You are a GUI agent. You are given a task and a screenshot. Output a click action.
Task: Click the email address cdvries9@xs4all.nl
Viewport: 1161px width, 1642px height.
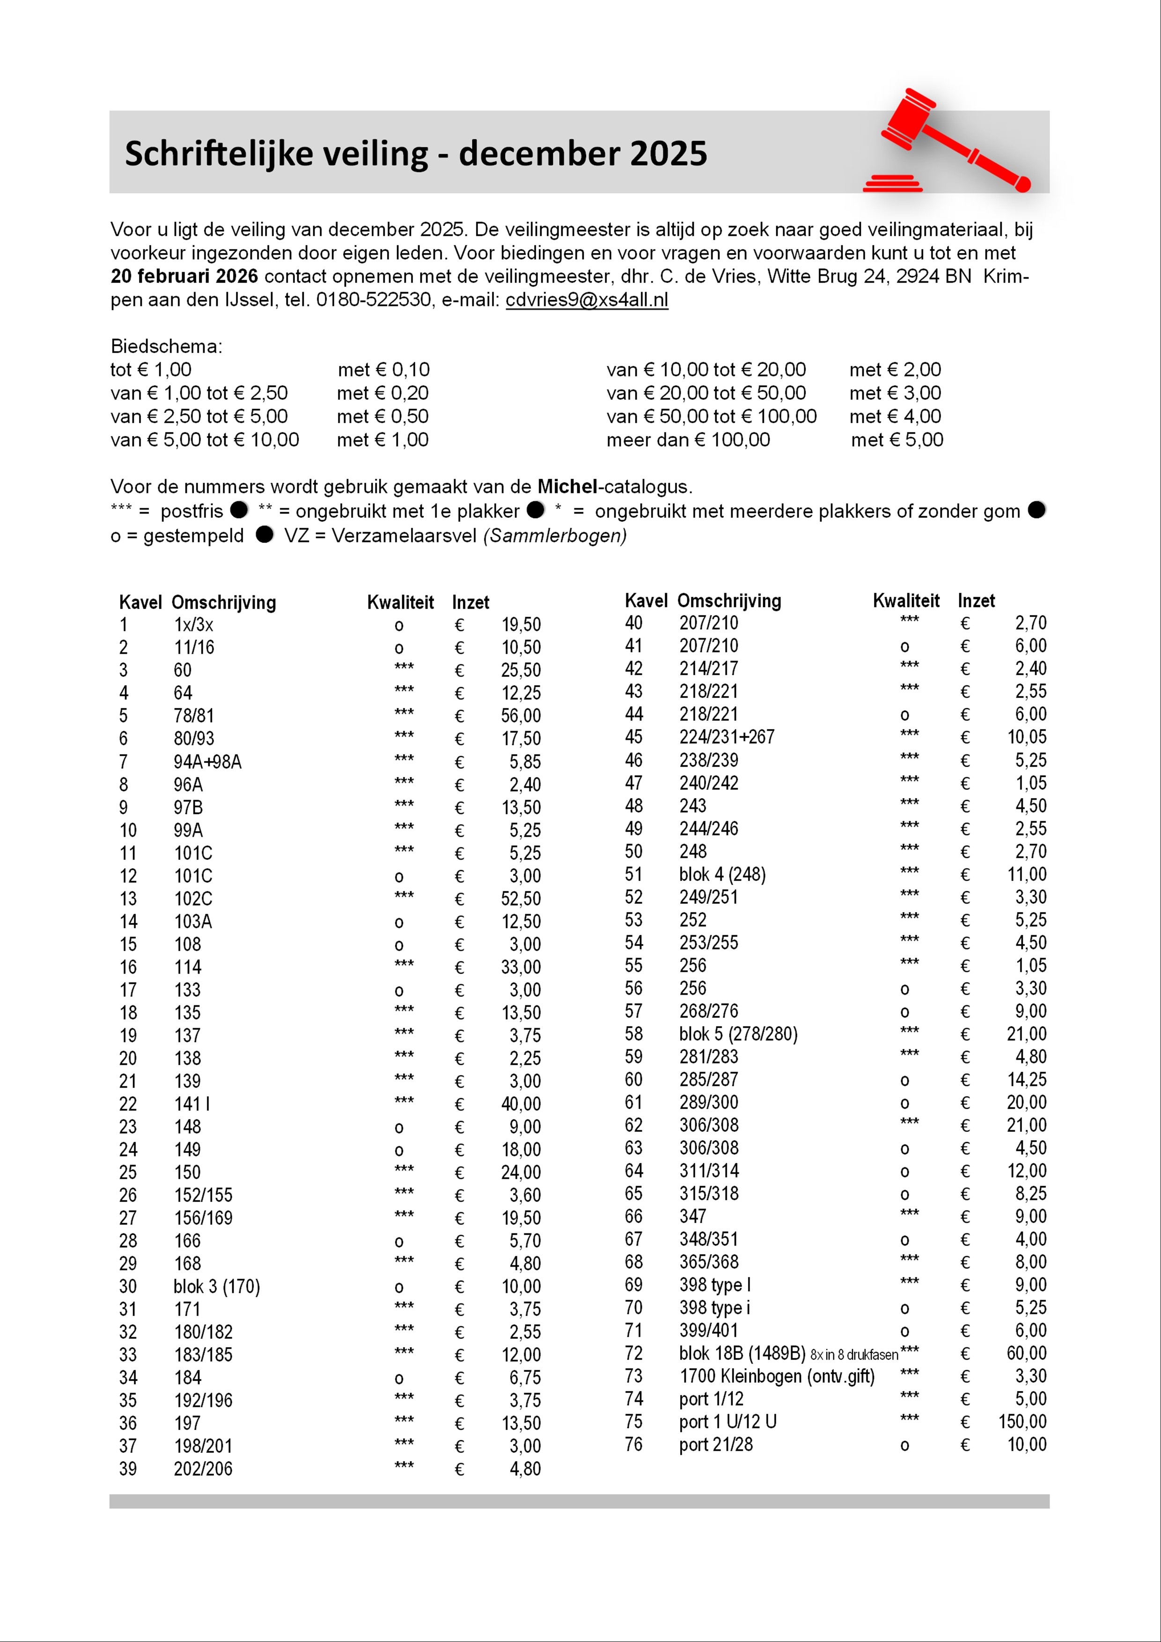click(x=587, y=300)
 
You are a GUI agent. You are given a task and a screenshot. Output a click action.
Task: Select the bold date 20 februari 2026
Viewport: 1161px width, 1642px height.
click(x=184, y=277)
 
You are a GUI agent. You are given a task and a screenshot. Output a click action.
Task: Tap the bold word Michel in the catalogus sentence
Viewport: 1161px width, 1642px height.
click(x=567, y=487)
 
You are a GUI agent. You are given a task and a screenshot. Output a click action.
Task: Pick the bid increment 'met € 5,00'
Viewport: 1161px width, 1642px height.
click(x=897, y=440)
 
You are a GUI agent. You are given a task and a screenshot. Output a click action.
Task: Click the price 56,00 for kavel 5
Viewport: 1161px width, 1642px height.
click(x=521, y=716)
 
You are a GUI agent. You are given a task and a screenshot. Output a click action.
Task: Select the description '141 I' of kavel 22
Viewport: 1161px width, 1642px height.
click(x=192, y=1104)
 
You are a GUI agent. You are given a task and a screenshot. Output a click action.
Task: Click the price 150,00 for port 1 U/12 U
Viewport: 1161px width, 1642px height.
click(x=1022, y=1422)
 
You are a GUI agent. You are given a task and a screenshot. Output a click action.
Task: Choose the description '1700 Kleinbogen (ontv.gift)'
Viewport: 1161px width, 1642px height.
click(x=777, y=1376)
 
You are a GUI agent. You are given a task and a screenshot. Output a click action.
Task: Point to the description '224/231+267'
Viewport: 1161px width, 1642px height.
click(x=727, y=737)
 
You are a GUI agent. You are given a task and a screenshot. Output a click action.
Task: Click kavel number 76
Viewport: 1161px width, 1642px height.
click(x=634, y=1444)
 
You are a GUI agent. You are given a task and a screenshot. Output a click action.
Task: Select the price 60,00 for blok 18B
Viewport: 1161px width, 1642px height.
click(x=1027, y=1353)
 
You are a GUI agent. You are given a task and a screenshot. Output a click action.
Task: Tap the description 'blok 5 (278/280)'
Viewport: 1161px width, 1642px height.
click(x=738, y=1034)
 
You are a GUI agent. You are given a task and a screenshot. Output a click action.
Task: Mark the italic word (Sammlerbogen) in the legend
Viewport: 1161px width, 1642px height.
click(x=555, y=535)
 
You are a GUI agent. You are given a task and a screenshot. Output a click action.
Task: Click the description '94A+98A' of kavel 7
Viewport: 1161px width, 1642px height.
click(x=207, y=762)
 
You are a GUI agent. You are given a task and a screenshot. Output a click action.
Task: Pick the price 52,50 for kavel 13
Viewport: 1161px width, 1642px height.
click(x=521, y=899)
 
